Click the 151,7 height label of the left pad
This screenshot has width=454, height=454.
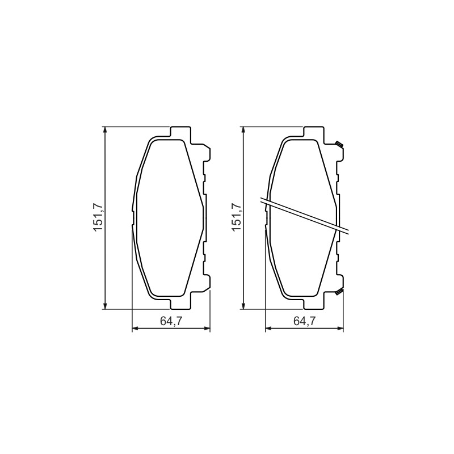(x=98, y=217)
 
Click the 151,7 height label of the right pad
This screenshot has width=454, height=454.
(x=237, y=217)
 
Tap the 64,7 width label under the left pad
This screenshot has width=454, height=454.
(x=171, y=321)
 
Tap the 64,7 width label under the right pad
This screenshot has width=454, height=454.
(x=304, y=321)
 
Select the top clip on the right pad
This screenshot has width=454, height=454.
(x=339, y=144)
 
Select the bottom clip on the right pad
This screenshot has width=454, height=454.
(x=339, y=292)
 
